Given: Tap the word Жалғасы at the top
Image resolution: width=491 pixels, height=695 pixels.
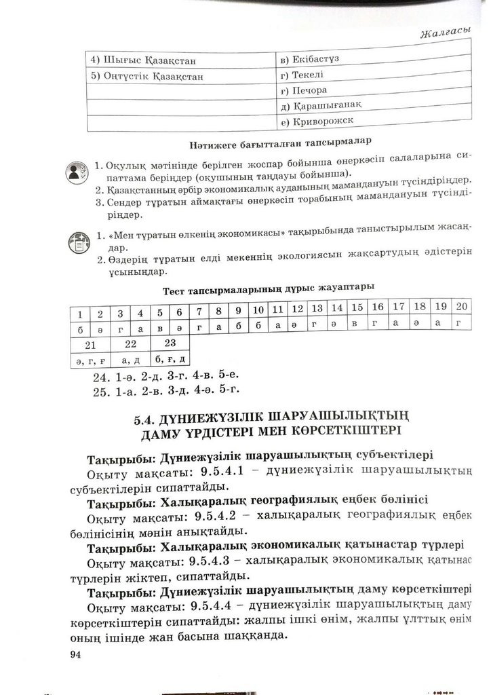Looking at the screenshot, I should click(446, 32).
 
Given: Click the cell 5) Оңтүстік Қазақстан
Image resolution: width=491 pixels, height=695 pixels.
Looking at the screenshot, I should click(146, 76).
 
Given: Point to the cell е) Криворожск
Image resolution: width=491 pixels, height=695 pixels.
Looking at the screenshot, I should click(318, 121).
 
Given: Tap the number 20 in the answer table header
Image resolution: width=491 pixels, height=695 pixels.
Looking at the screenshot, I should click(461, 306).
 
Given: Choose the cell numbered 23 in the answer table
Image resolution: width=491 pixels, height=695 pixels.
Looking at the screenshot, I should click(170, 343).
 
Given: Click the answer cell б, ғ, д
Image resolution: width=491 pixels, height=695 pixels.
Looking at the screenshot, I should click(170, 358).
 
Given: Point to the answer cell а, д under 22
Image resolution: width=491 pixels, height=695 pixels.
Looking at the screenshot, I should click(131, 358).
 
